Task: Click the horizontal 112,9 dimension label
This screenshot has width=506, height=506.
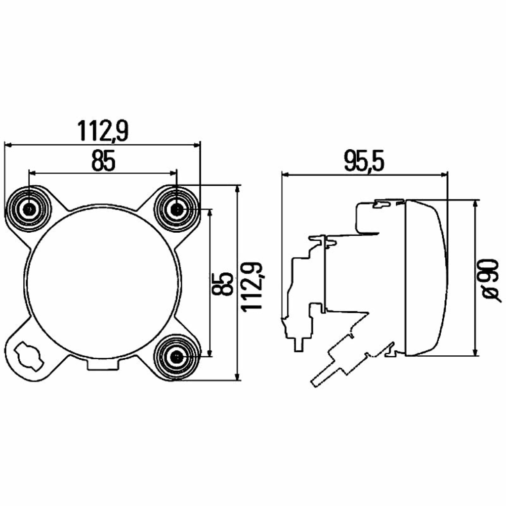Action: [103, 131]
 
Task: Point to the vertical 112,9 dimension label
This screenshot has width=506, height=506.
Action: [253, 286]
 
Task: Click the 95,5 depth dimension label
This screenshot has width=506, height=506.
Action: [364, 162]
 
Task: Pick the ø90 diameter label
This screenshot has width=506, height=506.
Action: [492, 280]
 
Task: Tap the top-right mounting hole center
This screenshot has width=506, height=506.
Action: [177, 210]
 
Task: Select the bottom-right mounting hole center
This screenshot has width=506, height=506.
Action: [177, 357]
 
